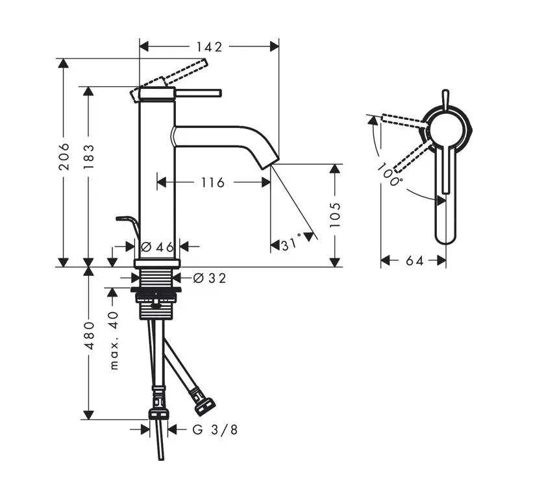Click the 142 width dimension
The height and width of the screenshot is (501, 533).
(210, 47)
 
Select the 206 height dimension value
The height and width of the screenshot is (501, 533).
(64, 156)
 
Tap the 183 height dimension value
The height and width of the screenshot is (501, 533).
(89, 157)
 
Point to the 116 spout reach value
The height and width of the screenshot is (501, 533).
(213, 183)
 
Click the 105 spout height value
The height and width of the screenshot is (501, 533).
(335, 215)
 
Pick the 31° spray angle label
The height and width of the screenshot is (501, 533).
(291, 244)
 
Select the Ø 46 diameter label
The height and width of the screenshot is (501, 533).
(157, 247)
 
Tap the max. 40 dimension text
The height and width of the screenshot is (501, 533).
(114, 341)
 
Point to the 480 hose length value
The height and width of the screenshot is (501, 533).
(89, 336)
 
